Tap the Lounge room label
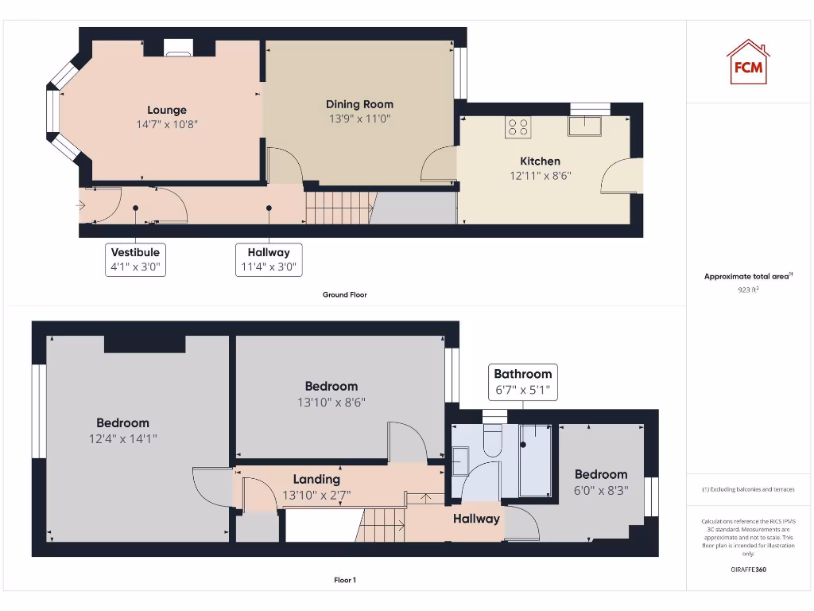pos(167,111)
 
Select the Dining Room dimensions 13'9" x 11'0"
pos(359,119)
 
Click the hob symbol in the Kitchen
pos(517,126)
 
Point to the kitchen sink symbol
pos(584,126)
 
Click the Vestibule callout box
pos(136,260)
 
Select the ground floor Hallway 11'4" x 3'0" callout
pos(269,260)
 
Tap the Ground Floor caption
pos(344,294)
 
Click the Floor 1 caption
pos(344,580)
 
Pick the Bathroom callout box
pos(522,382)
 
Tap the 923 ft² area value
pos(747,290)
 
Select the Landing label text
pos(316,479)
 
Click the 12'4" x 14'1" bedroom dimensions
pos(123,438)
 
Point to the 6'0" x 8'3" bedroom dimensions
pos(601,490)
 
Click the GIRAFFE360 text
pos(748,570)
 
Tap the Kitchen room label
pos(540,161)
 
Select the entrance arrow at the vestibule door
pos(80,205)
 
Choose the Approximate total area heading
pos(746,277)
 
